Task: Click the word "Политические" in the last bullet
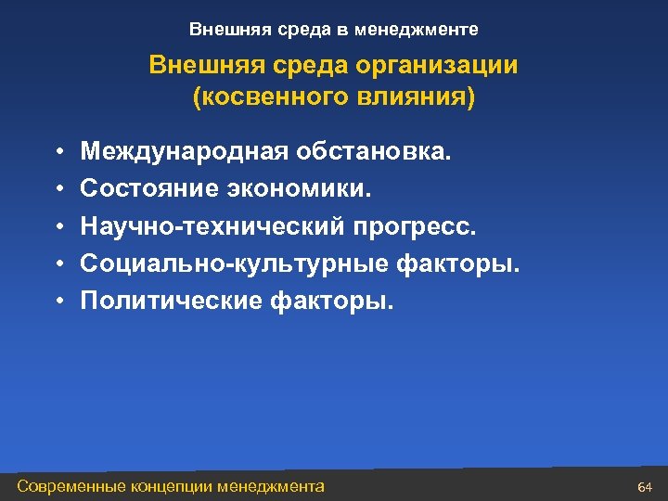click(170, 302)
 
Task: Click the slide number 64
click(646, 487)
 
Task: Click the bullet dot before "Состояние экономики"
click(58, 189)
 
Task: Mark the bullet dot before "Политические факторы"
click(58, 302)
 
